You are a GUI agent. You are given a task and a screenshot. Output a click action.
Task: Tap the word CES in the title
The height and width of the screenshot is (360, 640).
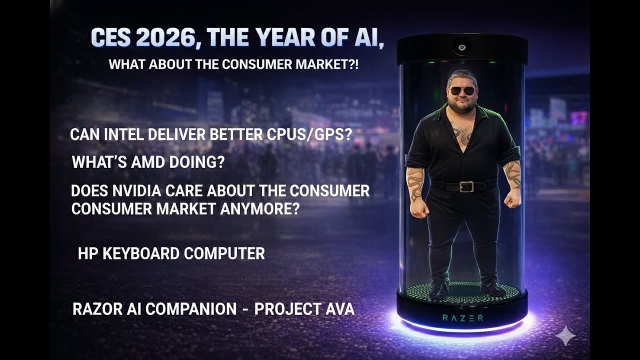(110, 38)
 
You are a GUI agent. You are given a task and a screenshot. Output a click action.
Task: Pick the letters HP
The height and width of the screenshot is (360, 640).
(88, 253)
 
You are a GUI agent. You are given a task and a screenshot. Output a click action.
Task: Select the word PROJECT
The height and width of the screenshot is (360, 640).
(285, 309)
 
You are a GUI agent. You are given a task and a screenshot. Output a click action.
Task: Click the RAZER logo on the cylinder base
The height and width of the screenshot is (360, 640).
(462, 317)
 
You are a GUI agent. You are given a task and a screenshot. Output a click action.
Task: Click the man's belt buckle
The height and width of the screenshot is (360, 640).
(466, 186)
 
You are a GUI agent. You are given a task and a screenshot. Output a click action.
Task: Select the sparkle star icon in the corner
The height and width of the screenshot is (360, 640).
(565, 335)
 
